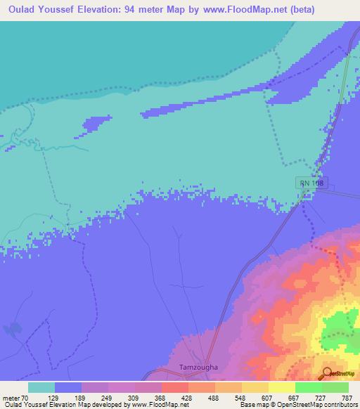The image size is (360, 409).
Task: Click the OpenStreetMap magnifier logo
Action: click(x=328, y=373)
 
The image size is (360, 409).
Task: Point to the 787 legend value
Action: click(x=345, y=397)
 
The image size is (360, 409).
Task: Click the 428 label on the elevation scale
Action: click(x=186, y=397)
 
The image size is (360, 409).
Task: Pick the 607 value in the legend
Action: click(x=266, y=397)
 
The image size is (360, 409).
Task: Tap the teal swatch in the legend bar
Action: click(x=41, y=387)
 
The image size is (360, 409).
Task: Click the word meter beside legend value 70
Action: click(x=13, y=397)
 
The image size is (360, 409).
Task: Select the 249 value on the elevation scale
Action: click(x=106, y=397)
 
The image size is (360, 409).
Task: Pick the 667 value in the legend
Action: click(x=292, y=397)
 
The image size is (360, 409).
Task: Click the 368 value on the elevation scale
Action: click(x=160, y=397)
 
